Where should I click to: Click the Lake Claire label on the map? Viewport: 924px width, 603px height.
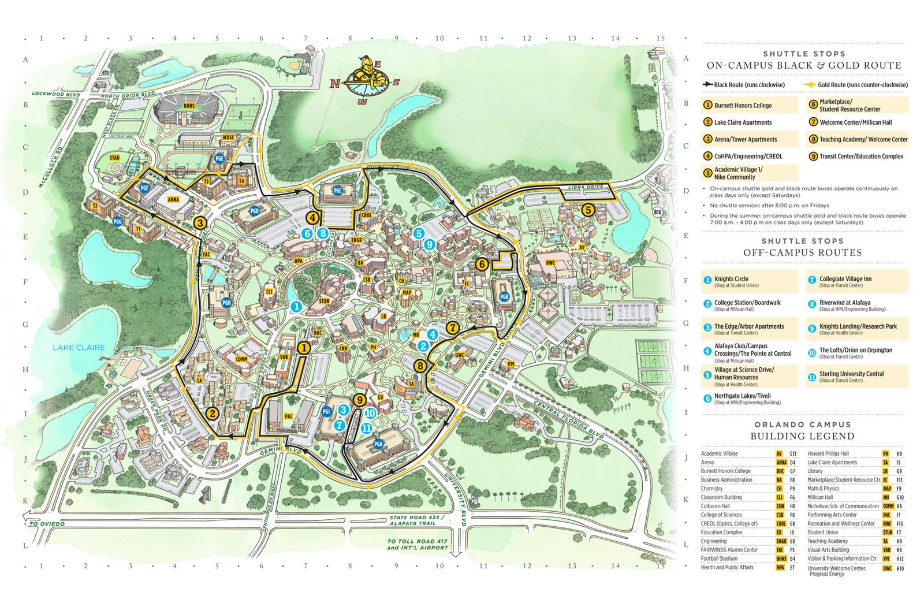tap(79, 347)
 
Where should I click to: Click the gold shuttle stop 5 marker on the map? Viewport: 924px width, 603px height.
tap(587, 210)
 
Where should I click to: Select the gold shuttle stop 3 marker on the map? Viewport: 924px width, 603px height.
tap(200, 223)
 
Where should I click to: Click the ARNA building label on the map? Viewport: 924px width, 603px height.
tap(173, 199)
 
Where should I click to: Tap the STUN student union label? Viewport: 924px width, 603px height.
tap(324, 301)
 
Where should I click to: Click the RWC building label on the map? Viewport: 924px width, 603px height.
tap(550, 263)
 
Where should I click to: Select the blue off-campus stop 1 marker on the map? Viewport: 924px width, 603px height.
tap(296, 307)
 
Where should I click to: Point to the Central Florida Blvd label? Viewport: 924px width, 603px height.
tap(569, 418)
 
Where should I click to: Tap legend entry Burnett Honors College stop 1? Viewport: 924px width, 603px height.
tap(742, 106)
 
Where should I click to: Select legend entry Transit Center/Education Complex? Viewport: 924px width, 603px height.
tap(860, 157)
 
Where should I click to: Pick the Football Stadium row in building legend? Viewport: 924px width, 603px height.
tap(719, 559)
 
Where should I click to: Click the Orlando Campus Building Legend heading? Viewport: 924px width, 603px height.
tap(802, 430)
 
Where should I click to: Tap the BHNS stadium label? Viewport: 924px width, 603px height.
tap(189, 106)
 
